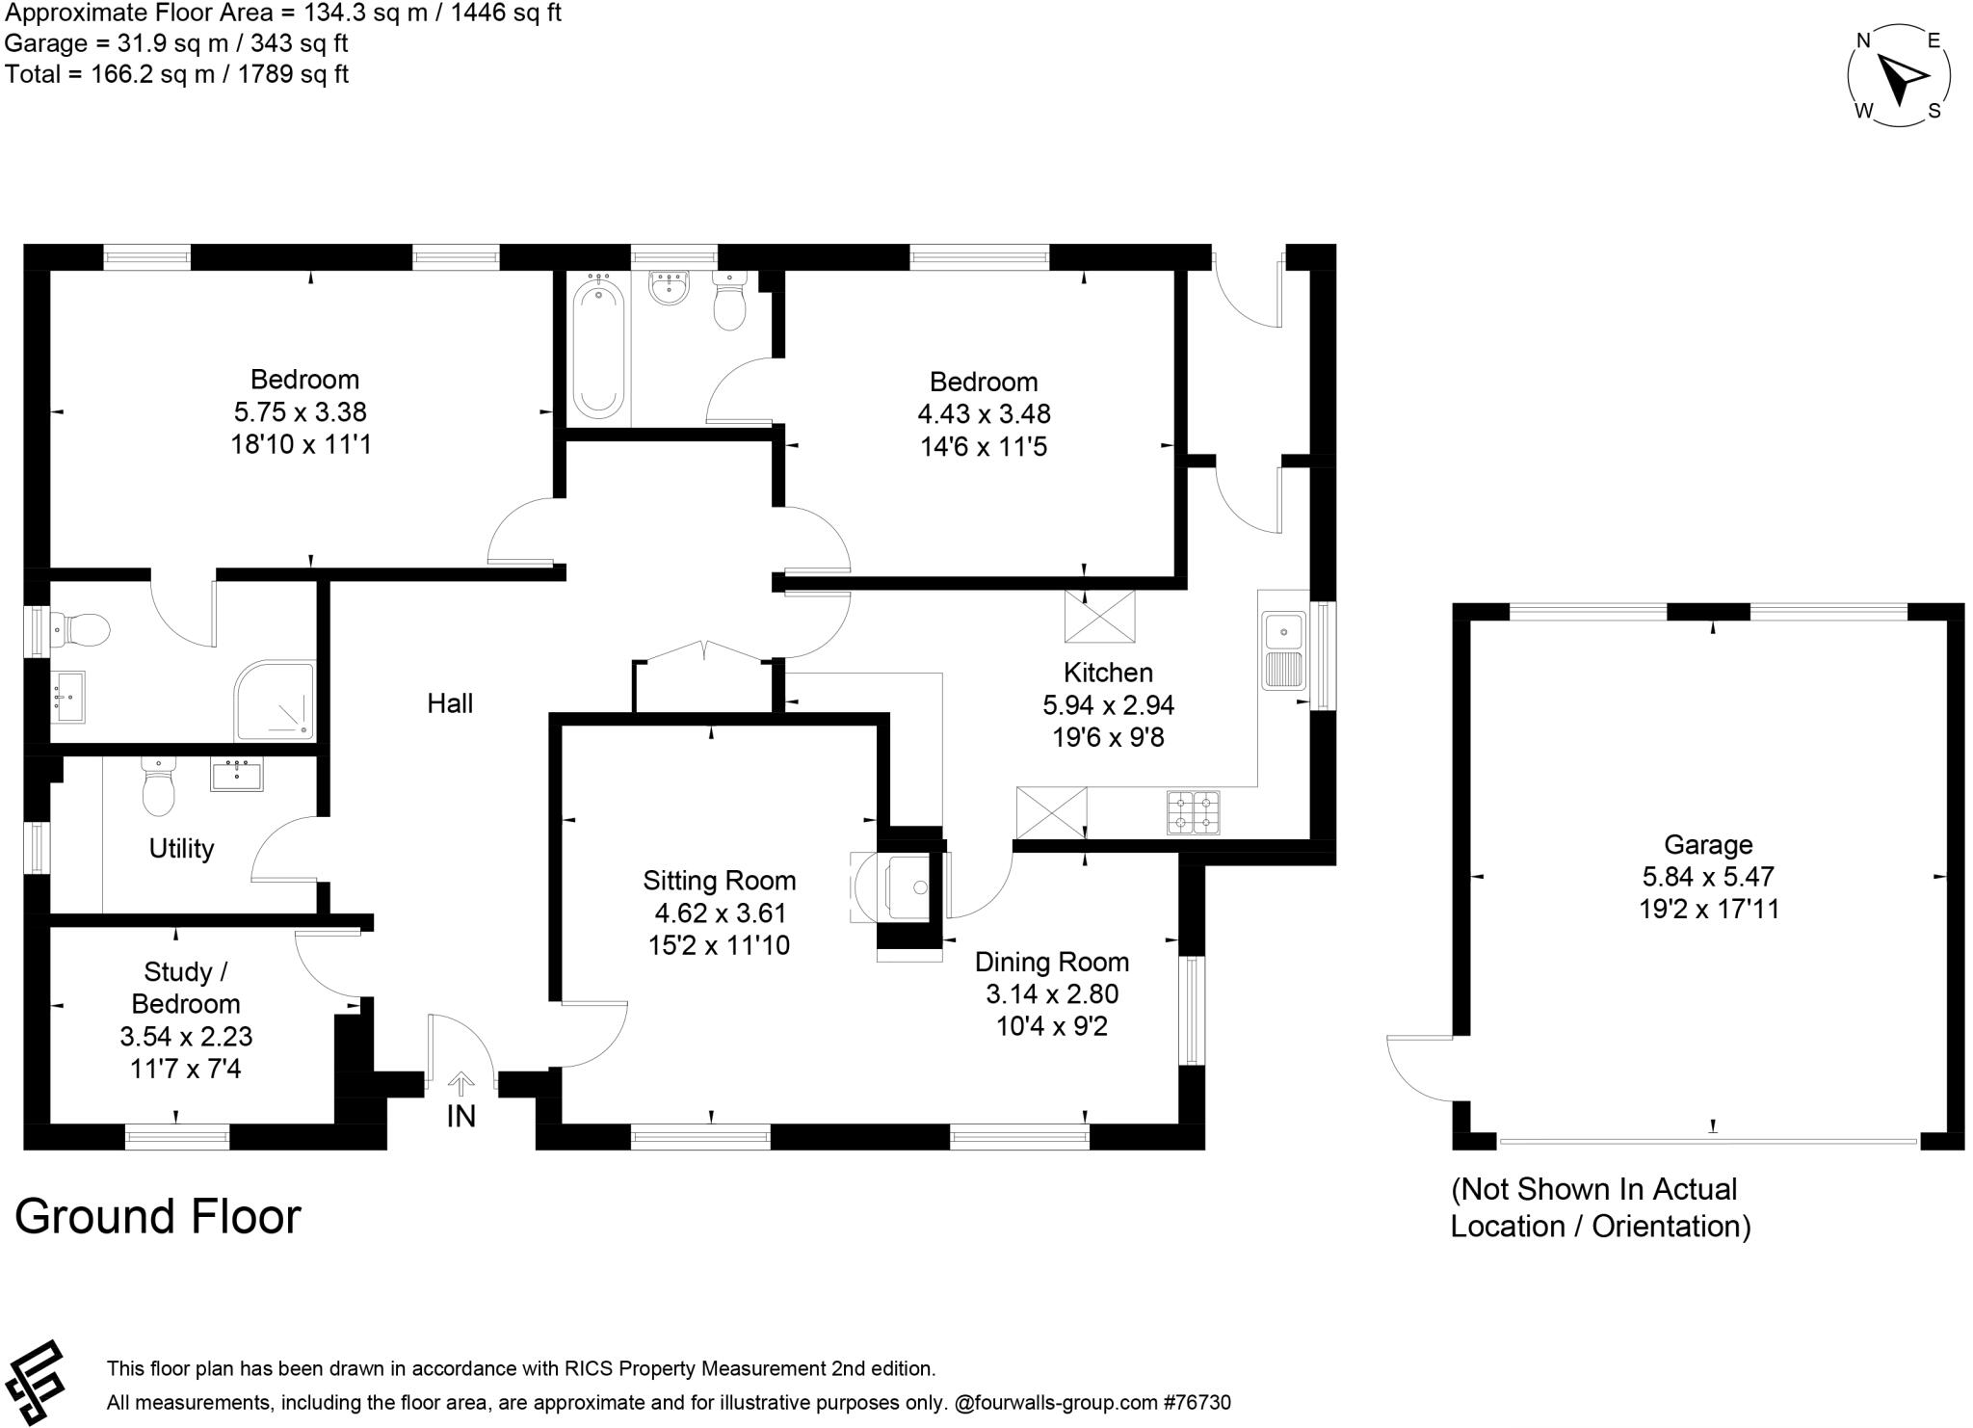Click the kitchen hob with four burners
pos(1194,811)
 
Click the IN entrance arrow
pos(461,1085)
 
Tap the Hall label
pos(450,703)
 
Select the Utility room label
pos(181,848)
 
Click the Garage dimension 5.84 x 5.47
pos(1708,877)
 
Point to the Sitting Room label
pos(720,880)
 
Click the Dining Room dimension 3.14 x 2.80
pos(1052,993)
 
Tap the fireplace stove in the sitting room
pos(906,886)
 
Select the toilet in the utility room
pos(158,788)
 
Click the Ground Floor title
pos(158,1216)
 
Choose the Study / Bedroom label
pos(186,988)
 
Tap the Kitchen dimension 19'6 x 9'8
pos(1108,737)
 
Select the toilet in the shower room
pos(81,631)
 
